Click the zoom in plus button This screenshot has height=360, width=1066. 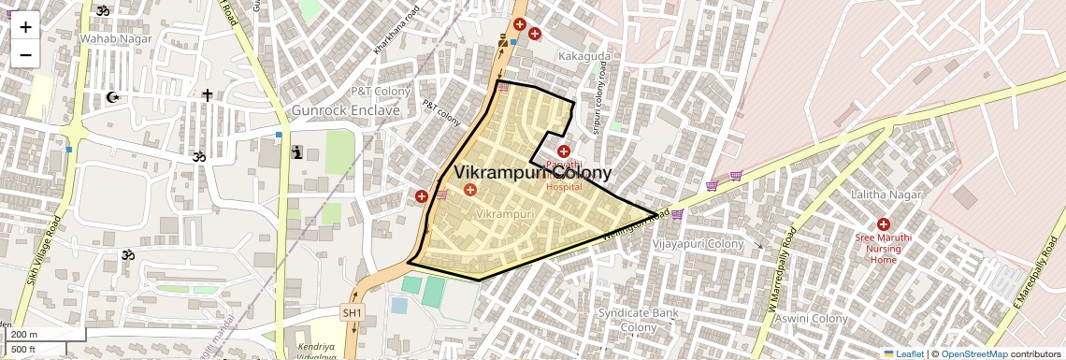coord(25,26)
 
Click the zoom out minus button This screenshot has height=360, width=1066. coord(25,54)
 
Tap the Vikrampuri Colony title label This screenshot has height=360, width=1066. coord(533,173)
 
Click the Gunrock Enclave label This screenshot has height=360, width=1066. coord(346,110)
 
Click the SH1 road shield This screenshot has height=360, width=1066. coord(353,312)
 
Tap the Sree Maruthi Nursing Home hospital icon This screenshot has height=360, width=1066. coord(884,224)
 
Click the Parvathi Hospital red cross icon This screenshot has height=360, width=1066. coord(563,151)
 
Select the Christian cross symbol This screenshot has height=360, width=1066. coord(207,94)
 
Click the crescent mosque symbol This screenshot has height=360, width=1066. coord(114,97)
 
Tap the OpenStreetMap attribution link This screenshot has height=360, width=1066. coord(973,353)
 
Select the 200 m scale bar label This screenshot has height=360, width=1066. coord(25,335)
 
